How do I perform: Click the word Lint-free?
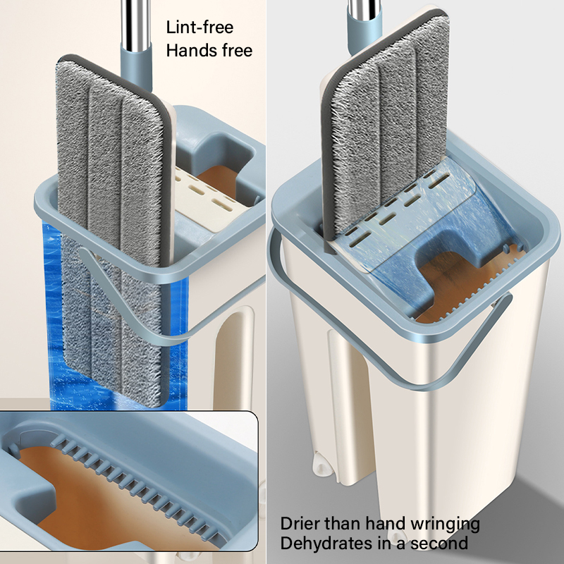(x=200, y=27)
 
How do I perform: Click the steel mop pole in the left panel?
(x=135, y=24)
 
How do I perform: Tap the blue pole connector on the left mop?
(x=136, y=68)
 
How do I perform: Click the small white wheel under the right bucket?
(x=323, y=463)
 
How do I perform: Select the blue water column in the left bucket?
(x=54, y=317)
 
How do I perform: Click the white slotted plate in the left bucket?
(x=205, y=202)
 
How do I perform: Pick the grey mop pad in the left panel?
(x=112, y=231)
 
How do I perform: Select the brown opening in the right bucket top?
(x=464, y=284)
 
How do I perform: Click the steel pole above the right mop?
(x=364, y=8)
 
